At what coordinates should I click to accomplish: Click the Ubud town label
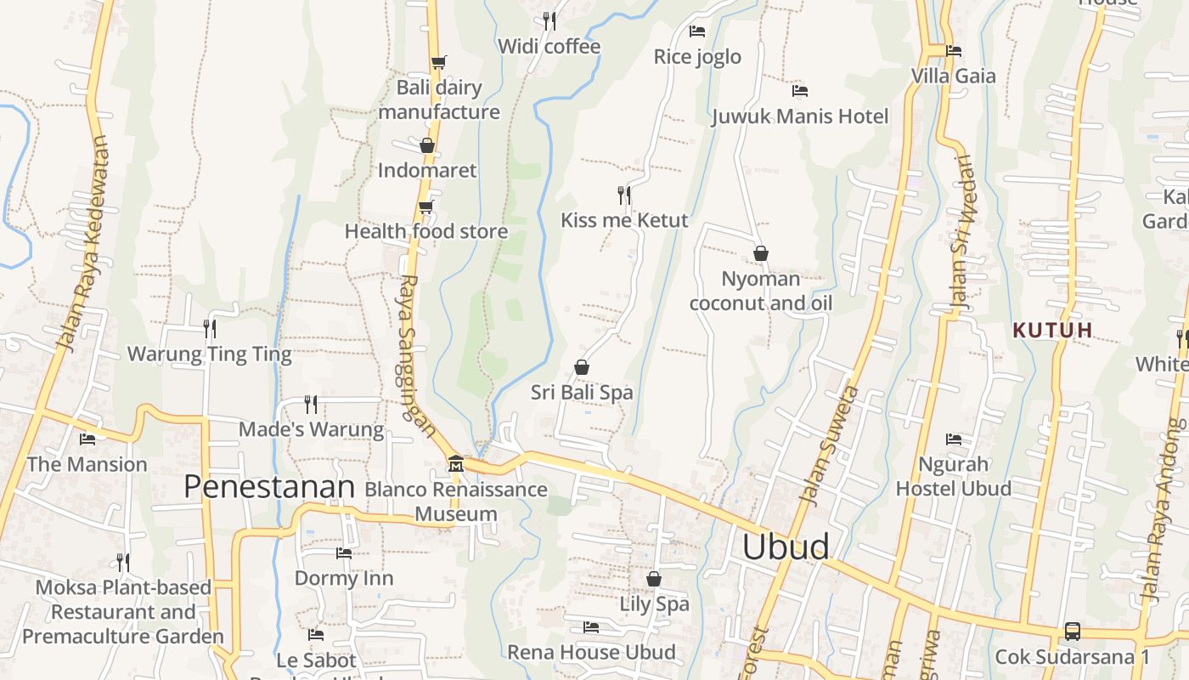(786, 547)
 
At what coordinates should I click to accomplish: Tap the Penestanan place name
(268, 487)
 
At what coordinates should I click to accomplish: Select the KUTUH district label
(1052, 330)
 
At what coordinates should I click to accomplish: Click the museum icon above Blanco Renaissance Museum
(456, 463)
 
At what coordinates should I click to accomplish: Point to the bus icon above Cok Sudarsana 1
(1073, 632)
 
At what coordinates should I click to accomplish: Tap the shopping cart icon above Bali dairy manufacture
(438, 62)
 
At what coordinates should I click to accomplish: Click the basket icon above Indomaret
(427, 145)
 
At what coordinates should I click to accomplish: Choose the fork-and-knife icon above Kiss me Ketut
(624, 195)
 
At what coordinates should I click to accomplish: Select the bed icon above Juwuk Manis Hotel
(799, 90)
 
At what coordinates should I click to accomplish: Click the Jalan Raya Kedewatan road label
(83, 243)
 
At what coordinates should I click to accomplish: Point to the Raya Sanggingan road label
(415, 353)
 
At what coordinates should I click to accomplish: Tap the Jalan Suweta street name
(831, 445)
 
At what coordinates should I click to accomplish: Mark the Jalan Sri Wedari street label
(961, 231)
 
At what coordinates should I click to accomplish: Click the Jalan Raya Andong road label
(1164, 510)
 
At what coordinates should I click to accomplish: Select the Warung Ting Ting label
(209, 354)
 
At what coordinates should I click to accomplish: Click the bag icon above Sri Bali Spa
(582, 367)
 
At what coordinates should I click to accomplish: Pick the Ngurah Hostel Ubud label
(954, 476)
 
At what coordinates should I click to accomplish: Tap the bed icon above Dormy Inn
(343, 552)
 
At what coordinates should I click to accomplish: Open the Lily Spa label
(654, 604)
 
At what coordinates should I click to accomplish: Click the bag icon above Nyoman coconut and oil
(761, 253)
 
